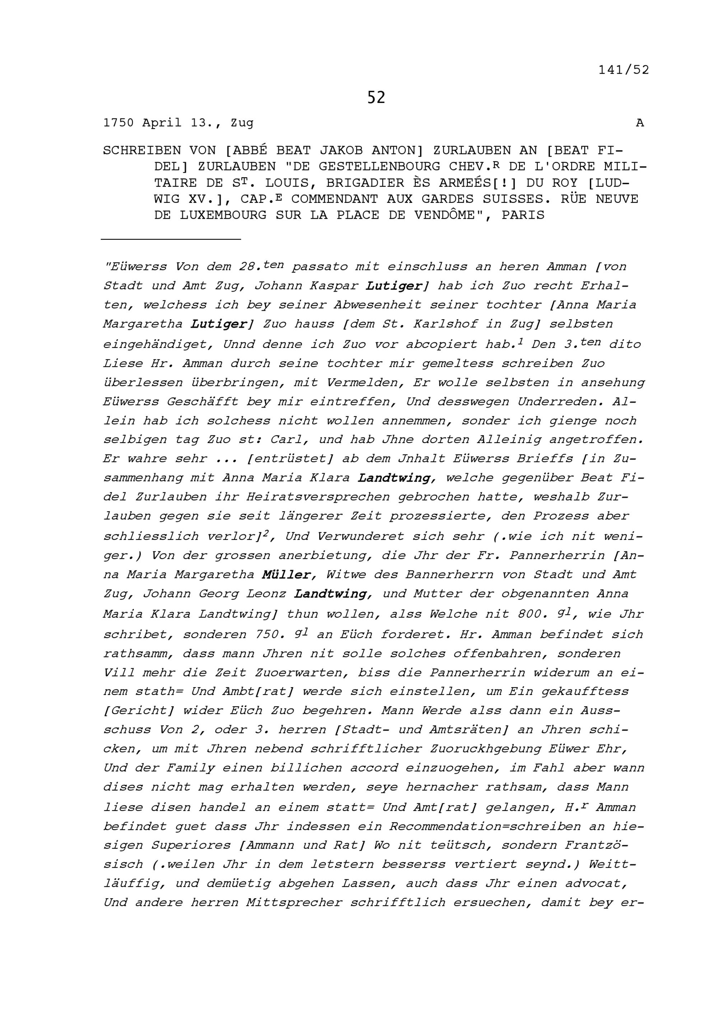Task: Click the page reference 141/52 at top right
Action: (623, 70)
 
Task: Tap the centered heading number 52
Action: (376, 97)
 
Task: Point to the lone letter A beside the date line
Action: (640, 123)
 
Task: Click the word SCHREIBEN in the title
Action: (141, 150)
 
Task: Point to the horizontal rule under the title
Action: (171, 239)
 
